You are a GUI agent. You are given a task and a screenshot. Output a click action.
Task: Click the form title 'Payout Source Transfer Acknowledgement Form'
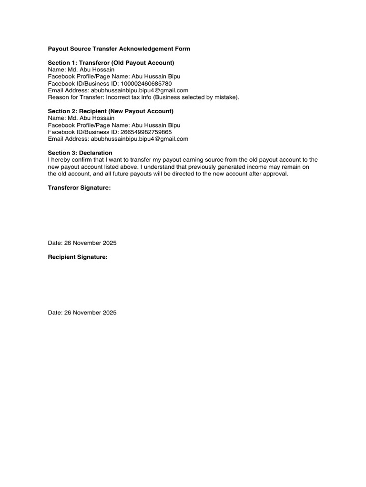119,49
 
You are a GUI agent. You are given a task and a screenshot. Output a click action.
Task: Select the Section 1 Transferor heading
111,63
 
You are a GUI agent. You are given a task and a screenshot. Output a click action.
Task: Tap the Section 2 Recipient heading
111,111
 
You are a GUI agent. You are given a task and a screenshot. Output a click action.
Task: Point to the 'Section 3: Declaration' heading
80,153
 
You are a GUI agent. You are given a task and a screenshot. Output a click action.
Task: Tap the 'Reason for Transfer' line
143,97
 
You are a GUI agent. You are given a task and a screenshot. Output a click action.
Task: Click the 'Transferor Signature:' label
79,188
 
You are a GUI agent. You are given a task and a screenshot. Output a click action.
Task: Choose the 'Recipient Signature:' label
78,257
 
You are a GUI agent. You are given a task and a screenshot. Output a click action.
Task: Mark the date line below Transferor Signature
82,243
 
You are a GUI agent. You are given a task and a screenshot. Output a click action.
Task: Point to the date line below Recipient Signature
82,313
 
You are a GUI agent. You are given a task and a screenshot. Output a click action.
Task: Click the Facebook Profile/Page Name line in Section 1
114,77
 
